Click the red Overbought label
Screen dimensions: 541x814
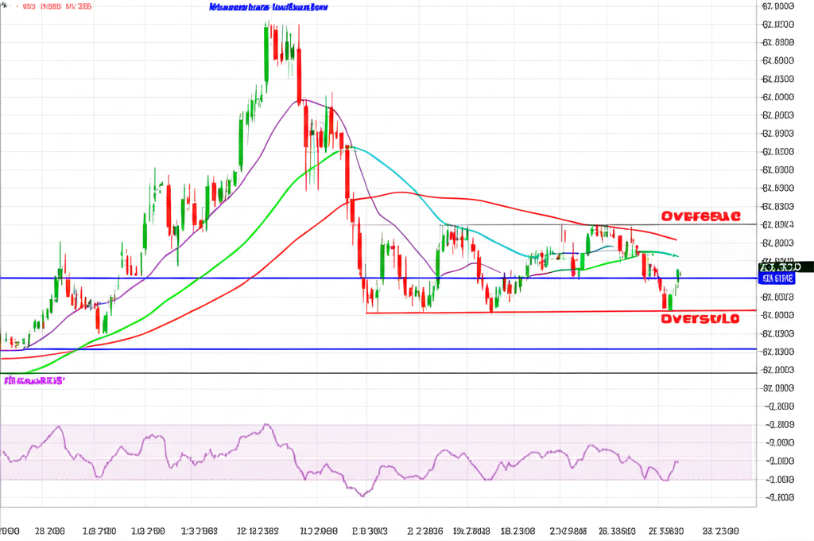[x=700, y=216]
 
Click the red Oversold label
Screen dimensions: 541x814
[x=700, y=318]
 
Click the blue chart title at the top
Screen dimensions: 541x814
[x=268, y=7]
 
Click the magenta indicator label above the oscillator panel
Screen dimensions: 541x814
[x=33, y=381]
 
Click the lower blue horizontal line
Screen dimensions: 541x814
[x=397, y=349]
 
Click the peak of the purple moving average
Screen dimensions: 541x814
[x=306, y=100]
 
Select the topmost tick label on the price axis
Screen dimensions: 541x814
[x=777, y=6]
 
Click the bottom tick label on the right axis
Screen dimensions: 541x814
[x=777, y=498]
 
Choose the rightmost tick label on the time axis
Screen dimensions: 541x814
[x=719, y=530]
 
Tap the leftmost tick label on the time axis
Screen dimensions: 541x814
[x=10, y=530]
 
